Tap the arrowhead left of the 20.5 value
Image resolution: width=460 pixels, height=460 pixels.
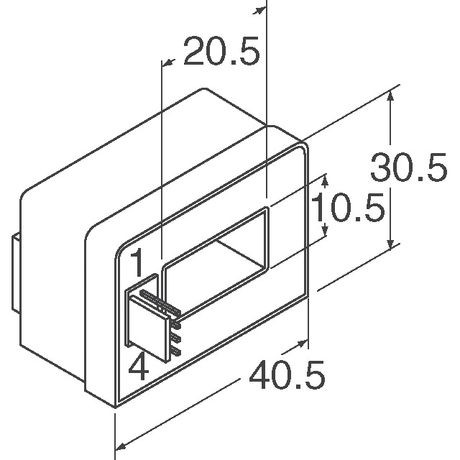coord(167,63)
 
